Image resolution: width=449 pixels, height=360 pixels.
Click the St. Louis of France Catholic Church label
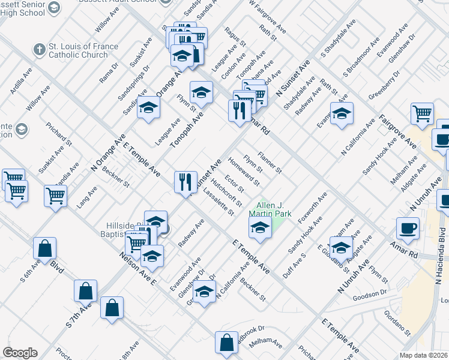point(79,51)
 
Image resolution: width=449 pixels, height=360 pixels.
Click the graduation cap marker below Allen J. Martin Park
point(259,228)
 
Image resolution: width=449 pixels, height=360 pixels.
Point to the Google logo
point(20,353)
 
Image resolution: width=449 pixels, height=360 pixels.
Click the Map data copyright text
point(424,355)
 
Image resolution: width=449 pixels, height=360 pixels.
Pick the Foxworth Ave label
point(316,206)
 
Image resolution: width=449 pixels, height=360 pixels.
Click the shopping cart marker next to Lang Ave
point(56,195)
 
